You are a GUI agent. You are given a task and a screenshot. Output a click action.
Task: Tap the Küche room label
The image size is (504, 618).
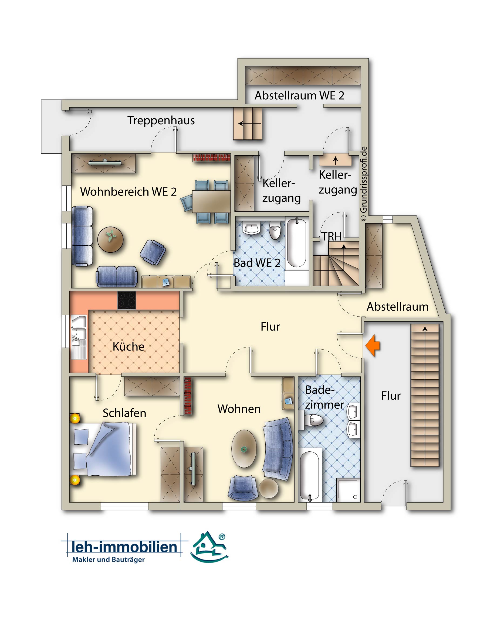128,346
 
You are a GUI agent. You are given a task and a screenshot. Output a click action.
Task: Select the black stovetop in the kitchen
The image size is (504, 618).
127,300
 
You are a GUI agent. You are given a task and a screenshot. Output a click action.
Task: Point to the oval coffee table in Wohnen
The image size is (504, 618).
244,449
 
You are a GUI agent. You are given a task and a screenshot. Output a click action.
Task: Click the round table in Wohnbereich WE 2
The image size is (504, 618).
110,239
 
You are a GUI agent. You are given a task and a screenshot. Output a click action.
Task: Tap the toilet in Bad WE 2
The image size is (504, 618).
275,230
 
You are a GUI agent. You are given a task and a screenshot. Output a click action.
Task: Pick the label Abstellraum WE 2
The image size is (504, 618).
299,95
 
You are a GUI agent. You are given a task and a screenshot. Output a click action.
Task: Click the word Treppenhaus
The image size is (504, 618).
161,120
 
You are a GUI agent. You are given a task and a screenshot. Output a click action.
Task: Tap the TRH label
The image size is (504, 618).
331,236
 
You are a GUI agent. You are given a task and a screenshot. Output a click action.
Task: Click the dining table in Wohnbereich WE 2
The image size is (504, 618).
211,201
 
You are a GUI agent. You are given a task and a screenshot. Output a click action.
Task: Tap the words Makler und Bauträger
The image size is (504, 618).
108,559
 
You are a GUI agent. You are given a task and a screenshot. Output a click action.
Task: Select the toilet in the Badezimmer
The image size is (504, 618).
312,420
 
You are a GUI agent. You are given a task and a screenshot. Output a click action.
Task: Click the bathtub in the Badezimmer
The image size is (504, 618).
310,475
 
